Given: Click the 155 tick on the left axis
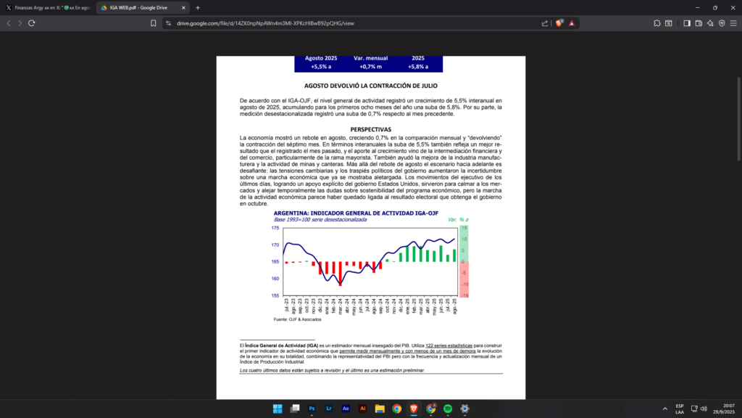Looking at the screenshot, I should [275, 295].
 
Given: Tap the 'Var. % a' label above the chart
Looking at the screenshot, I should [458, 219].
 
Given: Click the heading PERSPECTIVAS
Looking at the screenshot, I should [370, 129].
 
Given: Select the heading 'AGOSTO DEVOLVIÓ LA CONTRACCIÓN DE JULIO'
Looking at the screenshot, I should [370, 86].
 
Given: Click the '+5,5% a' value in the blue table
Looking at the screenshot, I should [321, 67].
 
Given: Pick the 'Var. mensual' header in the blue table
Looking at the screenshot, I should [370, 58].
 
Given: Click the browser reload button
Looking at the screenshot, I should [32, 23].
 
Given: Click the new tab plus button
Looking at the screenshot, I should [198, 7].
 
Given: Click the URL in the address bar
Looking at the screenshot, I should [265, 23].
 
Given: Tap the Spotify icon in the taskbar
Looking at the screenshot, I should [448, 409].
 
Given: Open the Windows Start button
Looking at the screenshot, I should [278, 409].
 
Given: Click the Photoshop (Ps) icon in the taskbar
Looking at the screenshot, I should [312, 409].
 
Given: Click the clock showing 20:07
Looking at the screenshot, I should [728, 406].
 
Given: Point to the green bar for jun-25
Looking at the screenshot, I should [441, 255].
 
